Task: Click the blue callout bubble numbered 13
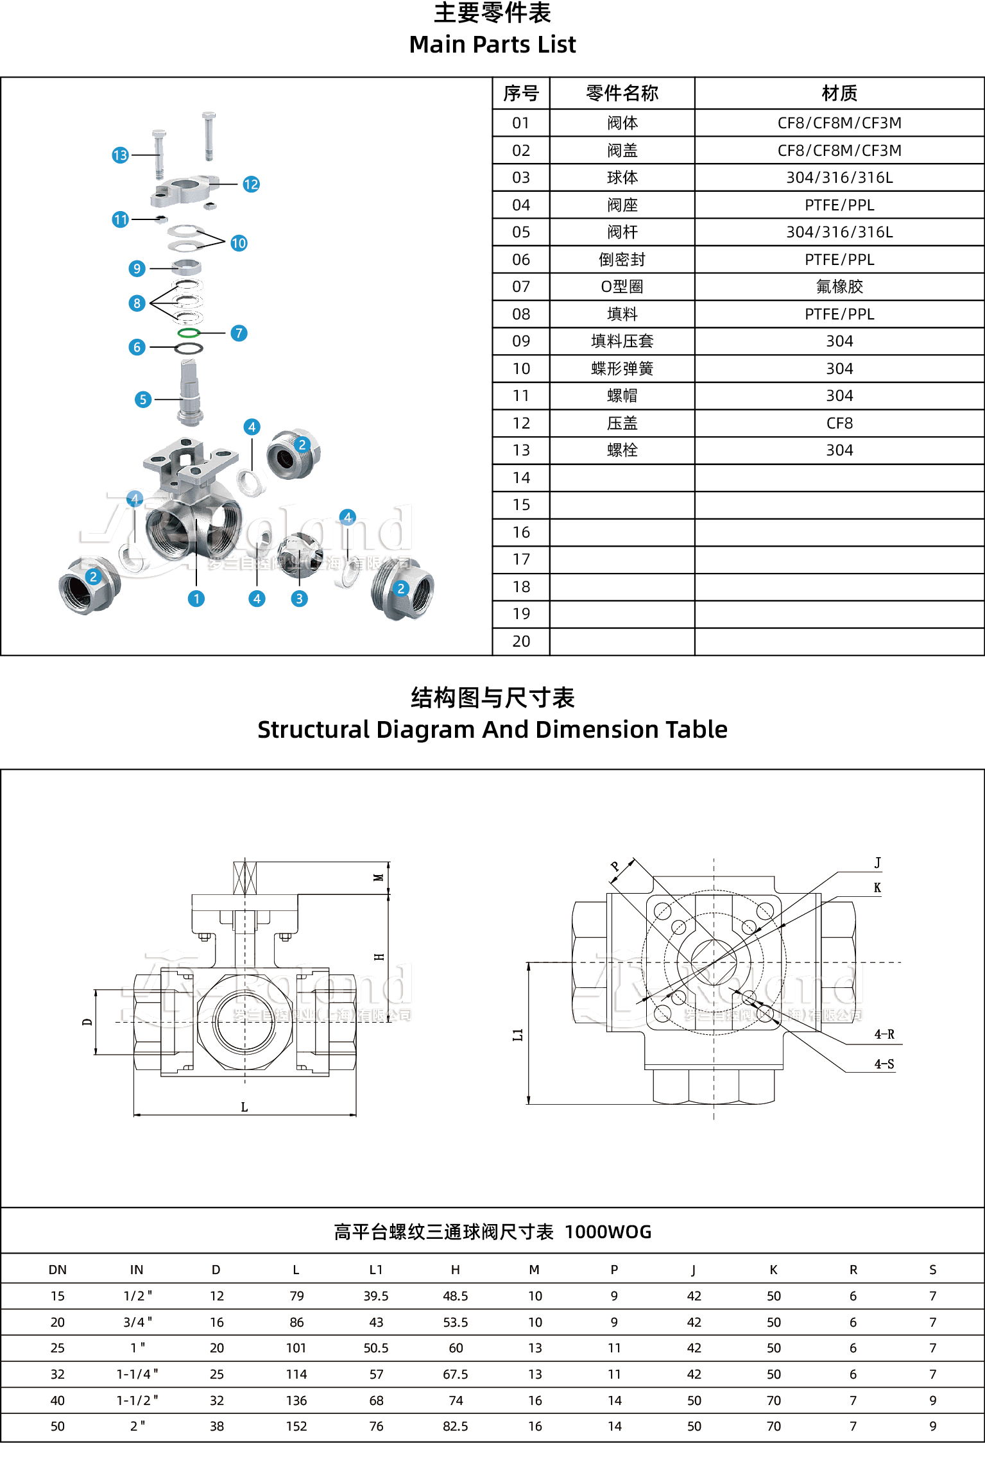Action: tap(120, 155)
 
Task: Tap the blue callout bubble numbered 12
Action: tap(251, 184)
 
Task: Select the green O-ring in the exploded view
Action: tap(189, 333)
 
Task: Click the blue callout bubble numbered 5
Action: tap(143, 400)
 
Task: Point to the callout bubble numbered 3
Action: tap(299, 599)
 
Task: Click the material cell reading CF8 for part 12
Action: tap(839, 423)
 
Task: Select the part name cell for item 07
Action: tap(622, 287)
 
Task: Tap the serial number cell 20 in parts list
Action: tap(521, 641)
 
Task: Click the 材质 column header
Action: tap(839, 94)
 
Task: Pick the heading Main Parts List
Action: tap(492, 44)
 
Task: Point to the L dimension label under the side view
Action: tap(244, 1107)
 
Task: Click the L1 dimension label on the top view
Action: tap(518, 1034)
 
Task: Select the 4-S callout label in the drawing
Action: tap(884, 1064)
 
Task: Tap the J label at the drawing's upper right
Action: tap(877, 863)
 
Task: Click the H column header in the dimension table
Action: tap(455, 1270)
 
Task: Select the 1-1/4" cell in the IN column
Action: tap(137, 1374)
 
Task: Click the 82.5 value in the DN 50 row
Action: tap(455, 1426)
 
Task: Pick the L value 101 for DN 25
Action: tap(296, 1348)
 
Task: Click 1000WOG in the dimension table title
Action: tap(608, 1232)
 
